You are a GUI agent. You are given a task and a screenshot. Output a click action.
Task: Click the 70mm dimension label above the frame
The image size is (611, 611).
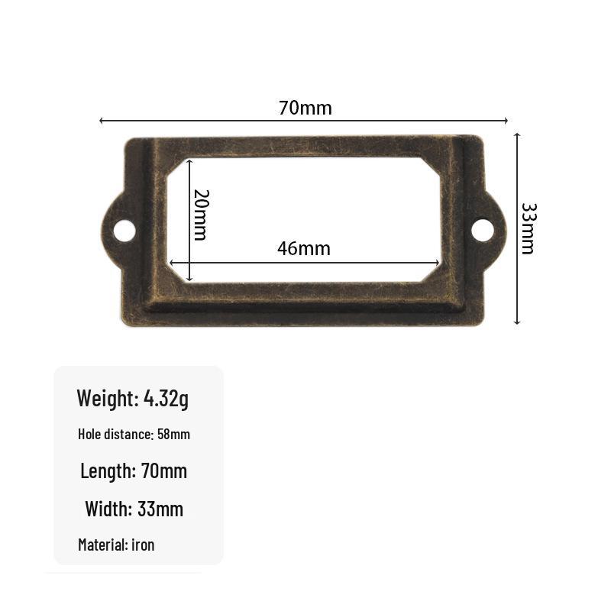pyautogui.click(x=305, y=108)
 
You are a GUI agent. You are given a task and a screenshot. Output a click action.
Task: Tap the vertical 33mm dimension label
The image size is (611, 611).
pyautogui.click(x=529, y=228)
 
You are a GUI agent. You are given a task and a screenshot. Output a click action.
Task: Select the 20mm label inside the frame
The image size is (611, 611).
pyautogui.click(x=202, y=215)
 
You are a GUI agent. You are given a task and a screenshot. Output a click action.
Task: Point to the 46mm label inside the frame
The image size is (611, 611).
pyautogui.click(x=304, y=249)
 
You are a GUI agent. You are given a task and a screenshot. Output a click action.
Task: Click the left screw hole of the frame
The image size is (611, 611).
pyautogui.click(x=124, y=230)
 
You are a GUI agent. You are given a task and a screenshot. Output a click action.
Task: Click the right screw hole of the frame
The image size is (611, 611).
pyautogui.click(x=483, y=230)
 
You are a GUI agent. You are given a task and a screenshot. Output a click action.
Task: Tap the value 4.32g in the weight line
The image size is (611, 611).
pyautogui.click(x=166, y=399)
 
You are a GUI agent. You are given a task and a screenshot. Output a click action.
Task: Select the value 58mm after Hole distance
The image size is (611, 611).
pyautogui.click(x=174, y=434)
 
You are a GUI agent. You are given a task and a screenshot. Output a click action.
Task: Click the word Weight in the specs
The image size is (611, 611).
pyautogui.click(x=106, y=398)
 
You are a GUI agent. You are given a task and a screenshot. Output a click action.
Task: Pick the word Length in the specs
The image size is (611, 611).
pyautogui.click(x=106, y=471)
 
